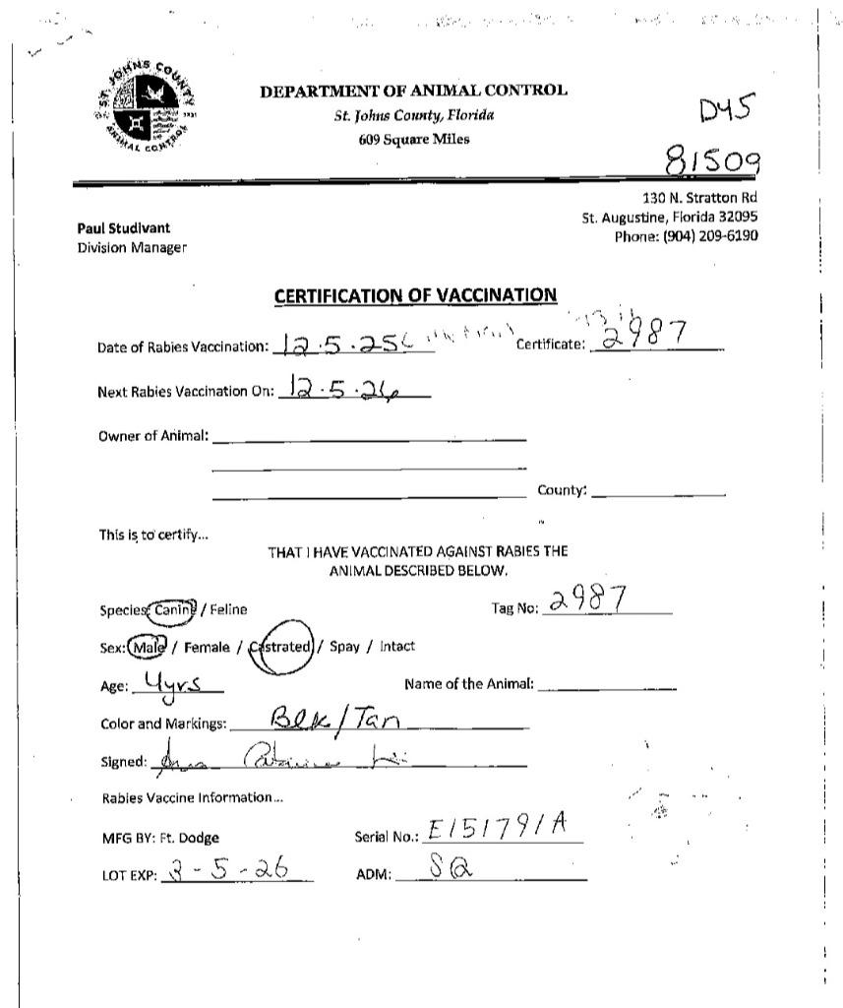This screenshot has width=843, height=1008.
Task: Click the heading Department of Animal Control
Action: [413, 92]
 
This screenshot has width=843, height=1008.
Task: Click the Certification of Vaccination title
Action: [414, 295]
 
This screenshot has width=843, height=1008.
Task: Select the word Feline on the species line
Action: [227, 609]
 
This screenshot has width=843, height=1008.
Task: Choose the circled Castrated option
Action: [282, 648]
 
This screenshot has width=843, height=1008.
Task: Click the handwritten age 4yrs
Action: [173, 682]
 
